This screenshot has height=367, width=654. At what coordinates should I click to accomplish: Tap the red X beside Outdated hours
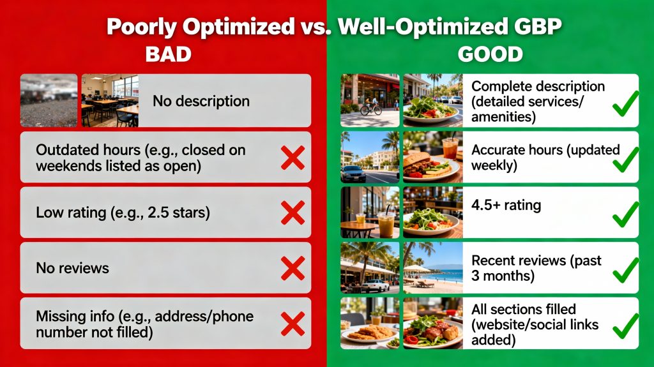(x=293, y=157)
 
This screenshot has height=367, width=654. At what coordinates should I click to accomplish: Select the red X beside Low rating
(x=293, y=213)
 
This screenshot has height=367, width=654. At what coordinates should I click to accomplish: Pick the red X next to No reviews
(x=293, y=268)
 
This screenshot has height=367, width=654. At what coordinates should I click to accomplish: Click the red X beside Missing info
(x=293, y=324)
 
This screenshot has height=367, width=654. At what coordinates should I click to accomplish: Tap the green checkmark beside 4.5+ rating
(x=624, y=214)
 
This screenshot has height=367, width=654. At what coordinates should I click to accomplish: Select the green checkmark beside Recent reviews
(x=624, y=270)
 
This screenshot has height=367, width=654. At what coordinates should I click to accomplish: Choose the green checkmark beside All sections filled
(x=624, y=325)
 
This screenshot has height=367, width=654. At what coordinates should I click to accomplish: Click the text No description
(x=201, y=101)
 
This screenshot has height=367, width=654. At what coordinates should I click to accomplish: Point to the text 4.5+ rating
(x=506, y=206)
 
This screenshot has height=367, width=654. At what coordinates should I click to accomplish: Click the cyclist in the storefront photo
(x=370, y=107)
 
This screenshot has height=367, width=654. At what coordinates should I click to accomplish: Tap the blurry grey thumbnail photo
(x=49, y=100)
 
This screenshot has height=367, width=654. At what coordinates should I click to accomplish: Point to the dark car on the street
(x=353, y=173)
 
